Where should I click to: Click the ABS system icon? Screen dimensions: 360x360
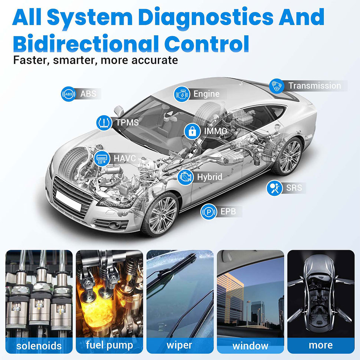(x=68, y=94)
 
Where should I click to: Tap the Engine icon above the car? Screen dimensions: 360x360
(x=182, y=94)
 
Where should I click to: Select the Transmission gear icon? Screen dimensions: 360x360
(x=277, y=86)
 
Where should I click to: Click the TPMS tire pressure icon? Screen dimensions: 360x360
(x=104, y=122)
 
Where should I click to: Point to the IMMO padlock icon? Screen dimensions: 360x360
(x=192, y=131)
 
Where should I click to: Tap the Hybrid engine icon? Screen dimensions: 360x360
(x=186, y=177)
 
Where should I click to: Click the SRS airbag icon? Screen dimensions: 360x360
(x=274, y=188)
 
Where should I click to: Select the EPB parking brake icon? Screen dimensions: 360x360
(x=209, y=212)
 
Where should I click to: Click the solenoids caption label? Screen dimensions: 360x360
(x=39, y=346)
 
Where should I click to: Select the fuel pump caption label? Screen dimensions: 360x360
(x=109, y=346)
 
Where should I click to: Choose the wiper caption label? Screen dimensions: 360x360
(x=179, y=346)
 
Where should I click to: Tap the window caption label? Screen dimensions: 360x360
(x=250, y=346)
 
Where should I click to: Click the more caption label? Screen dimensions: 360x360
(x=321, y=345)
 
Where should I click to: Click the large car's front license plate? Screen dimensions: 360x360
(x=68, y=201)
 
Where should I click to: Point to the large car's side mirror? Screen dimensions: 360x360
(x=119, y=111)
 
